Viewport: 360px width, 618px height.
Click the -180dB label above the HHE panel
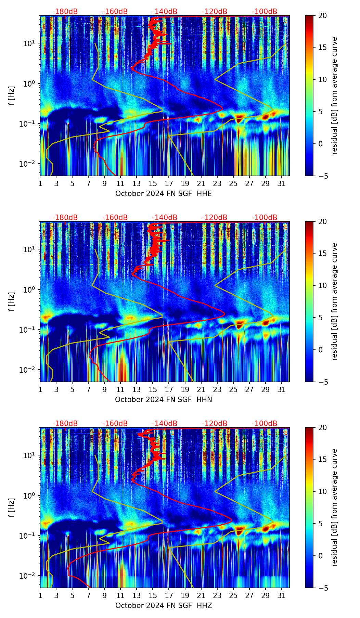(65, 12)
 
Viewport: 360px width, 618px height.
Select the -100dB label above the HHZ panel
(265, 424)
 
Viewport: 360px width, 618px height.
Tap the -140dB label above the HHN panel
(165, 218)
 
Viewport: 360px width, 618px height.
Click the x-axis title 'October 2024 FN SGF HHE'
(163, 194)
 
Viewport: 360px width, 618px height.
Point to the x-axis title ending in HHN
(163, 400)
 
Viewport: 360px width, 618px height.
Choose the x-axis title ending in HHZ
(163, 606)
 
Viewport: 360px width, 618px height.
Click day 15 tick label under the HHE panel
(153, 183)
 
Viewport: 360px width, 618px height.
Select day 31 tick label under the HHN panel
(281, 389)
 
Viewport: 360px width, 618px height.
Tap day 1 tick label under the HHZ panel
(40, 595)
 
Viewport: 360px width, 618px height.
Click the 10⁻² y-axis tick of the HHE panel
(29, 164)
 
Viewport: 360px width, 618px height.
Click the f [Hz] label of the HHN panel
(12, 302)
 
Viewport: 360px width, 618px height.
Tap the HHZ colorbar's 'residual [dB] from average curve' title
(334, 508)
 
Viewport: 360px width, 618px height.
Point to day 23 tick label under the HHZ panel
(217, 595)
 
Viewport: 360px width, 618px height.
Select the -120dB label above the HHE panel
(215, 12)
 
